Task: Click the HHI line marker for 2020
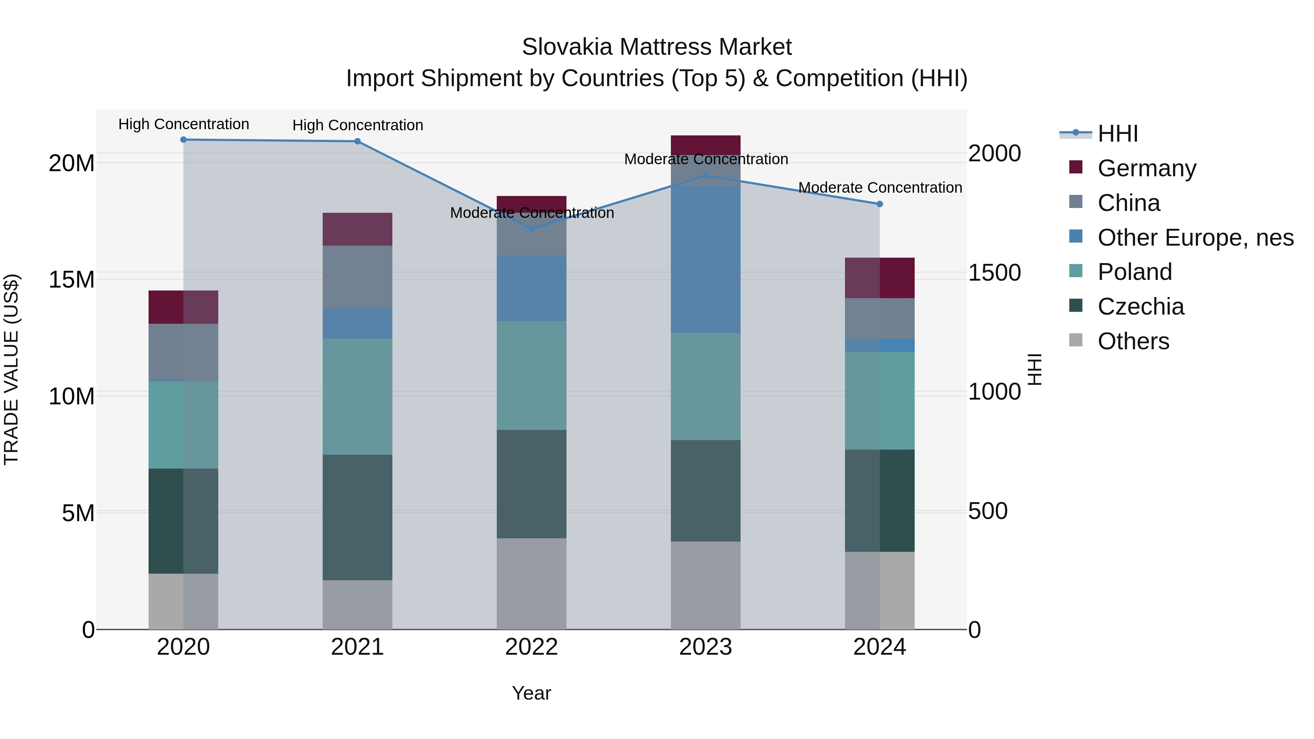click(x=183, y=140)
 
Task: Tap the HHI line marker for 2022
click(x=531, y=229)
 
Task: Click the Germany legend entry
click(x=1146, y=168)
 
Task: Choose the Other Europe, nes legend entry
click(x=1195, y=238)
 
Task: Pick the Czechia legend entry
click(x=1140, y=307)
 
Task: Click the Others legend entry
click(x=1133, y=341)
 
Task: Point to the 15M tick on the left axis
click(x=72, y=280)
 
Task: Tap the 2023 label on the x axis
click(x=706, y=647)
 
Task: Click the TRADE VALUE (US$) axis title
click(x=11, y=369)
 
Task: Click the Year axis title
click(x=531, y=693)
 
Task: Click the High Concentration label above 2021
click(x=358, y=126)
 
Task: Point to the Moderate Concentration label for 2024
click(x=880, y=188)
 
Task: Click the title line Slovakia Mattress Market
click(x=657, y=47)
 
